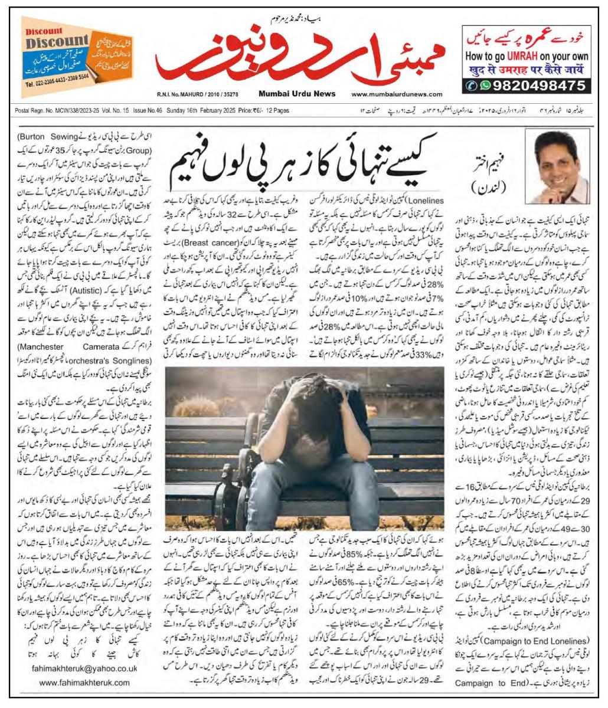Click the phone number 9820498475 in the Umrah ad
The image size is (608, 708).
pyautogui.click(x=533, y=86)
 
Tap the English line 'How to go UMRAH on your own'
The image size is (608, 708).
pyautogui.click(x=527, y=58)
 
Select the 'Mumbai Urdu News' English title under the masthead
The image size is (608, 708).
pyautogui.click(x=296, y=94)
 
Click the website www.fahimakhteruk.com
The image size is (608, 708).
pyautogui.click(x=85, y=682)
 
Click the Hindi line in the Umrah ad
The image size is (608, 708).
pyautogui.click(x=527, y=71)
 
